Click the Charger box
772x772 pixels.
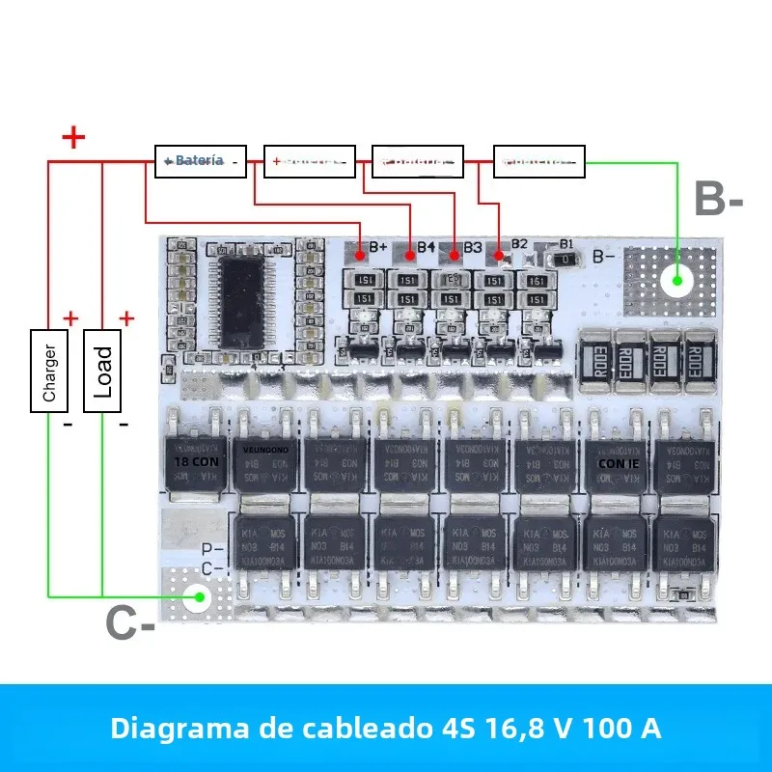[x=49, y=371]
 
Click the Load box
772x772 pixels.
[x=103, y=371]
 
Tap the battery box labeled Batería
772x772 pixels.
[x=201, y=160]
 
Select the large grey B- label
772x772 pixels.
[x=719, y=200]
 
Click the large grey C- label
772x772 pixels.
[x=130, y=624]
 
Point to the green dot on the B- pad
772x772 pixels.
[x=678, y=281]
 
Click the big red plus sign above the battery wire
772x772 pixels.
[x=73, y=137]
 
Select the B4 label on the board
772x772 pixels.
[x=426, y=247]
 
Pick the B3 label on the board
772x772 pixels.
[x=472, y=247]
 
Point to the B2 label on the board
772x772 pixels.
[x=519, y=243]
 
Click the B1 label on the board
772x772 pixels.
[x=566, y=243]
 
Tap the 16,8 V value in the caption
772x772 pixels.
[x=534, y=728]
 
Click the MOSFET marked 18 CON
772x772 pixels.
[x=197, y=462]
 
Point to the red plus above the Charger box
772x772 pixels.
[x=70, y=317]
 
